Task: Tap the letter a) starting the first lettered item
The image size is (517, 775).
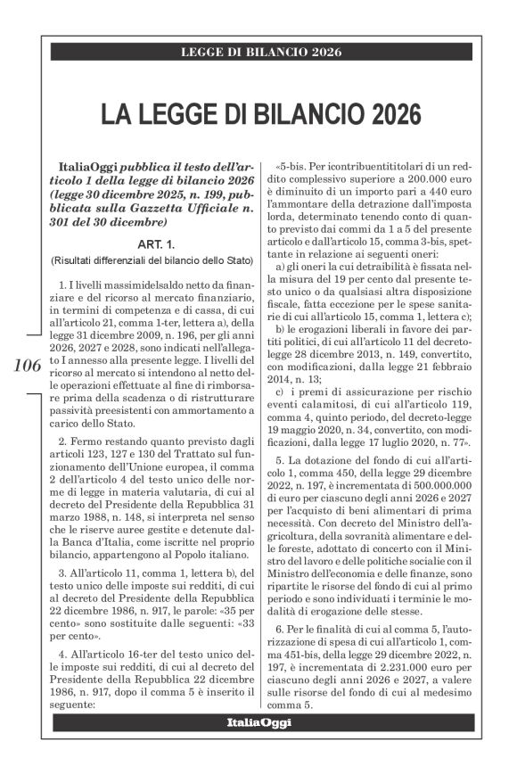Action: [x=281, y=267]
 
